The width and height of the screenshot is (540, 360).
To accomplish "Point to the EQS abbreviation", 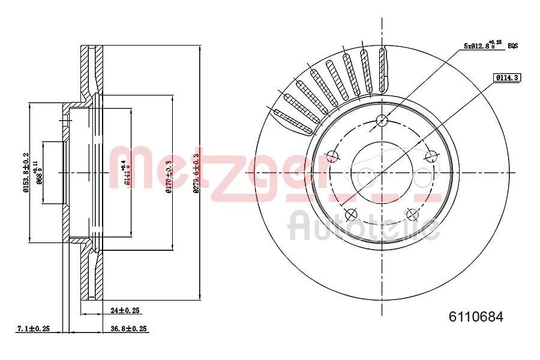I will pos(513,46).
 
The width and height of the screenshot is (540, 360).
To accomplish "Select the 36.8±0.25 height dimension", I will pos(128,329).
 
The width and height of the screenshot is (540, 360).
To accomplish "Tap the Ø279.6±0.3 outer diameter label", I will pos(196,172).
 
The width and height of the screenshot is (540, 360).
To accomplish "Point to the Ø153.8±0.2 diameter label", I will pos(26,172).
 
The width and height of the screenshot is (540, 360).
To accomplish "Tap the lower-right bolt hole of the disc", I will pos(412,214).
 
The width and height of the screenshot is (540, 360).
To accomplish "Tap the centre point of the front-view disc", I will pos(382,172).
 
